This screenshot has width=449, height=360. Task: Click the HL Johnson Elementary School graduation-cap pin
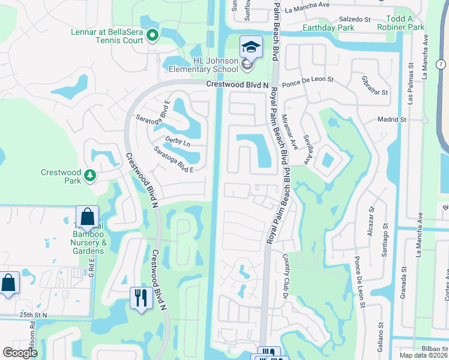252,46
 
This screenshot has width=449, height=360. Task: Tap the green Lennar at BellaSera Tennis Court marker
152,36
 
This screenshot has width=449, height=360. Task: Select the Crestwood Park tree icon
89,175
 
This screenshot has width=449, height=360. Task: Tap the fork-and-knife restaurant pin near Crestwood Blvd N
141,298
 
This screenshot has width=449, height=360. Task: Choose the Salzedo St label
355,19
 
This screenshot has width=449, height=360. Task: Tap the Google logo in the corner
20,353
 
